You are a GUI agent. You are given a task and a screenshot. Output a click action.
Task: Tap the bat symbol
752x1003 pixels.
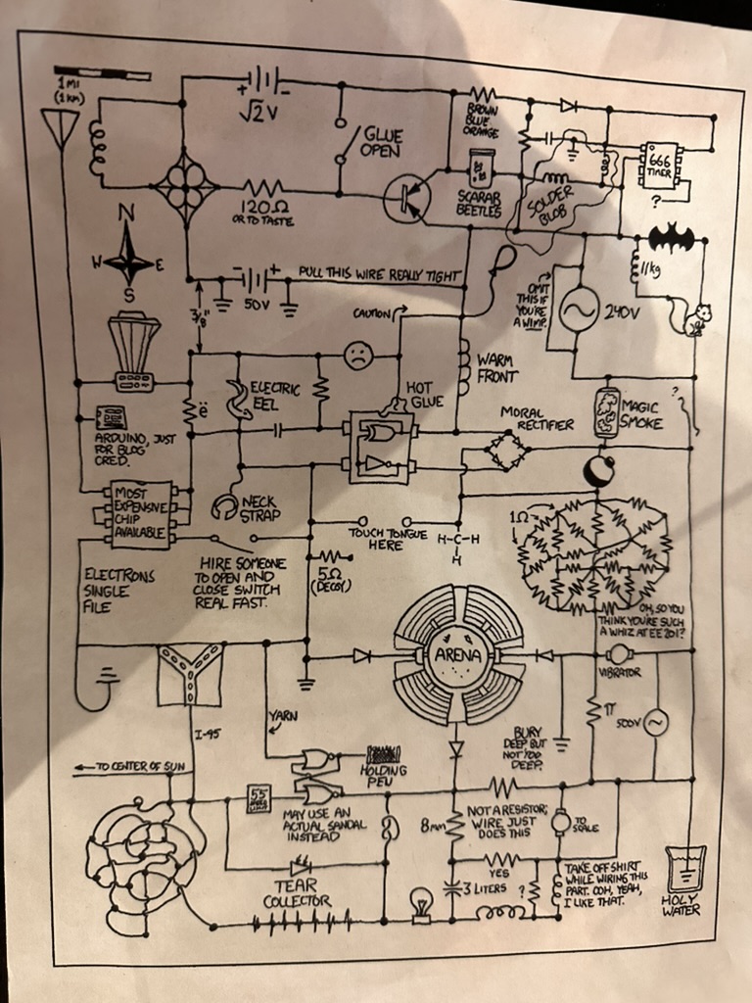click(x=671, y=238)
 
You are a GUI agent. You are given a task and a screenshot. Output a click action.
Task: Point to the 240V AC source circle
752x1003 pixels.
click(x=578, y=310)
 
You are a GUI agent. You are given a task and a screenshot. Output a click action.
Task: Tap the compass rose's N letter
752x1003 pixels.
click(x=127, y=212)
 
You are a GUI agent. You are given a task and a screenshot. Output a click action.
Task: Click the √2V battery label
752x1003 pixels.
click(x=258, y=113)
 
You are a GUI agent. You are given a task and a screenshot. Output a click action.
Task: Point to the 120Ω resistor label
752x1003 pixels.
click(x=261, y=209)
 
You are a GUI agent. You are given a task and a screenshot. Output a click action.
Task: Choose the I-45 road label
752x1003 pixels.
click(x=207, y=731)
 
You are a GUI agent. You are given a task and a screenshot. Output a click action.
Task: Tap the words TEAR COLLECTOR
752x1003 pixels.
click(x=297, y=892)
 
